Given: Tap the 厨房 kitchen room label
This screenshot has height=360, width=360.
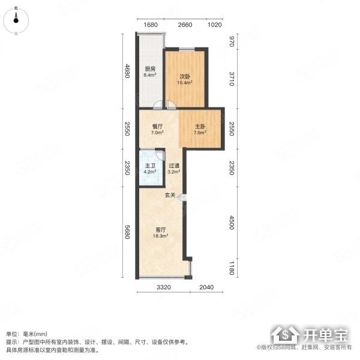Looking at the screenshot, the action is coord(150,68).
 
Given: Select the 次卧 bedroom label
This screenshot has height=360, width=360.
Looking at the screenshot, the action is coord(185,77).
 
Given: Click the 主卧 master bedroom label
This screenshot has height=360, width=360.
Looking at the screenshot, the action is coord(200,127).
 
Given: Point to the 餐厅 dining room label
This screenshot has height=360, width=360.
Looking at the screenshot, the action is coord(157,127).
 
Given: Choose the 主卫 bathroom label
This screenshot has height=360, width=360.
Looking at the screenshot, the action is coord(150,166).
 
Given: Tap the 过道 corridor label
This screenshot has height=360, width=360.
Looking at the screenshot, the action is coord(174,166).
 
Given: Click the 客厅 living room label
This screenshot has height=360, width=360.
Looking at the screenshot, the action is coord(160,230).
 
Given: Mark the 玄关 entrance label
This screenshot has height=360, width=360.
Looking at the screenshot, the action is coord(170,196).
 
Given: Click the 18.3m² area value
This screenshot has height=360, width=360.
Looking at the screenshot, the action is coord(160,236).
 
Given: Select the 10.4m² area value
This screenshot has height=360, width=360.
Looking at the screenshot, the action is coord(185,83).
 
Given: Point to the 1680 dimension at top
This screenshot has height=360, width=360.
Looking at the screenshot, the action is coord(151,25).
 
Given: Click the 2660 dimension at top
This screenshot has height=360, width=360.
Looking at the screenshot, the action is coord(185,25).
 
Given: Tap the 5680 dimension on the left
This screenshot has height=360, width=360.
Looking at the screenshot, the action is coord(127,232).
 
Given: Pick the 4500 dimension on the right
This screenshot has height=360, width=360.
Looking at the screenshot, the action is coord(232,223).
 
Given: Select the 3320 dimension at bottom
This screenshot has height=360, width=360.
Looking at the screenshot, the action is coord(164,287).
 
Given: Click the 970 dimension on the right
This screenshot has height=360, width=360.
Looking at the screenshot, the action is coord(232,41).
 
